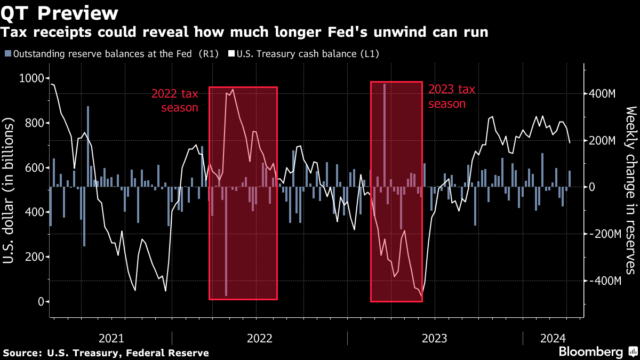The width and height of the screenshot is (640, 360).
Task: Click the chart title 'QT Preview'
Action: (60, 12)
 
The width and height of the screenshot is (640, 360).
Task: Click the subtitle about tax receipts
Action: (245, 33)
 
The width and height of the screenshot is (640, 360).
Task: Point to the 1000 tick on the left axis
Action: (31, 78)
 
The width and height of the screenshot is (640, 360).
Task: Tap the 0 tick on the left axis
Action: (40, 302)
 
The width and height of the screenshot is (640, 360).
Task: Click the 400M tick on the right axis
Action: (602, 94)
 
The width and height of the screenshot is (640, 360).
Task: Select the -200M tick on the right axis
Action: (604, 234)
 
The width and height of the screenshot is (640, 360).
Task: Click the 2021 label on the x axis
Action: (111, 338)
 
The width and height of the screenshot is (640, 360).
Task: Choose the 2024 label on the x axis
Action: (553, 338)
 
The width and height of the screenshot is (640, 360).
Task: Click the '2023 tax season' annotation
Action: (451, 97)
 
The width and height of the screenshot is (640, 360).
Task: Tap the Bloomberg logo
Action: (590, 352)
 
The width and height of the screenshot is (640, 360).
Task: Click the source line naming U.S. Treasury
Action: (106, 353)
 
